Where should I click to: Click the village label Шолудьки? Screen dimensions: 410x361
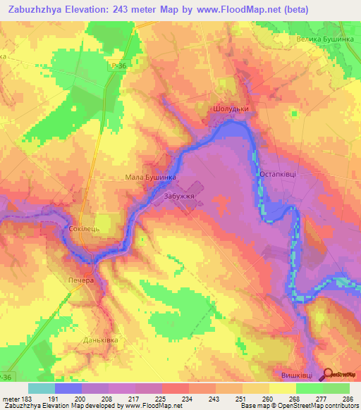[230, 110]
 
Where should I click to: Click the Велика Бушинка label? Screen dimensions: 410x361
[324, 40]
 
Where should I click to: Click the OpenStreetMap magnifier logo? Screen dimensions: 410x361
[329, 375]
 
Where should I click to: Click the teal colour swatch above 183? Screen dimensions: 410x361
[42, 388]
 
